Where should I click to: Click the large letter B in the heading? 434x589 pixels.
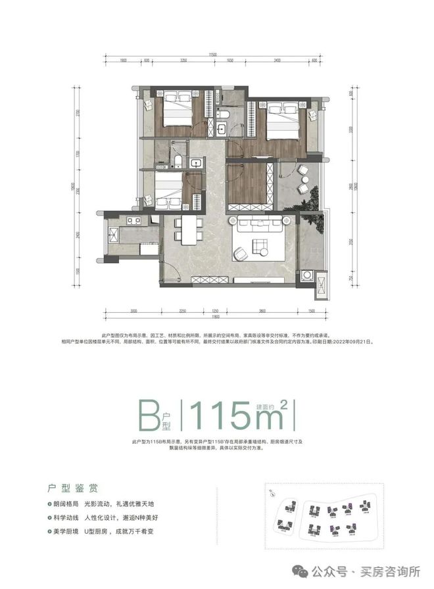pos(151,415)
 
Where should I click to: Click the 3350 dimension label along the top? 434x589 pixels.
pos(185,59)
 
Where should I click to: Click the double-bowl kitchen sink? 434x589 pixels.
pos(134,220)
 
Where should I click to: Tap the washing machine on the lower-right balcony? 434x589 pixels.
pos(306,275)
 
